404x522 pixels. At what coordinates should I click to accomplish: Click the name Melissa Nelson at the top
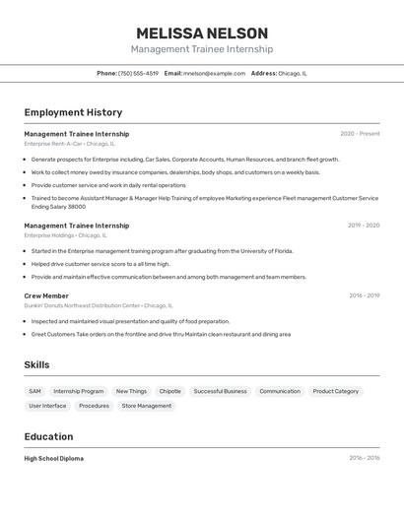(202, 33)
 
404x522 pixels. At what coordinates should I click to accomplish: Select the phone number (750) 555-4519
(138, 73)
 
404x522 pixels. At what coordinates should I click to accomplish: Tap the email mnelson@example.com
(214, 73)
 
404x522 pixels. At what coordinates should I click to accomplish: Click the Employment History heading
(73, 112)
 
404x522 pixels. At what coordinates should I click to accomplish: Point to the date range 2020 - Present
(360, 134)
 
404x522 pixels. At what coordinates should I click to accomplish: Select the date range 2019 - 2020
(363, 226)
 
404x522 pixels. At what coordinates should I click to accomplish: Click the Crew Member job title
(46, 295)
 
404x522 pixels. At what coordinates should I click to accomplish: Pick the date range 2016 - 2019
(364, 295)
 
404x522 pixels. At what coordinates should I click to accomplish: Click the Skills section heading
(36, 365)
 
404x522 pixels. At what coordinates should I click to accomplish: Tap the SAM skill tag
(34, 391)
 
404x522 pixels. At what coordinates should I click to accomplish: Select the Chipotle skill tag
(170, 391)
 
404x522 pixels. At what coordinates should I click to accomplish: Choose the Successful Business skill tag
(220, 391)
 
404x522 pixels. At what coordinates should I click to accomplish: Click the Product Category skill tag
(336, 391)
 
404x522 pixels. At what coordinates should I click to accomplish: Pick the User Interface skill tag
(47, 406)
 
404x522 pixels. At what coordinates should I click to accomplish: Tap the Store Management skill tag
(147, 406)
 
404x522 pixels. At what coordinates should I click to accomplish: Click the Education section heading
(48, 436)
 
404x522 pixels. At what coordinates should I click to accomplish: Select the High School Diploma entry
(53, 458)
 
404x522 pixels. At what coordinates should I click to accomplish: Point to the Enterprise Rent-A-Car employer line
(69, 144)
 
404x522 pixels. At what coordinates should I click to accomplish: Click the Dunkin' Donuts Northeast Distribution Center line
(96, 305)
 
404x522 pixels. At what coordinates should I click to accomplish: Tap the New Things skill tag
(131, 391)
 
